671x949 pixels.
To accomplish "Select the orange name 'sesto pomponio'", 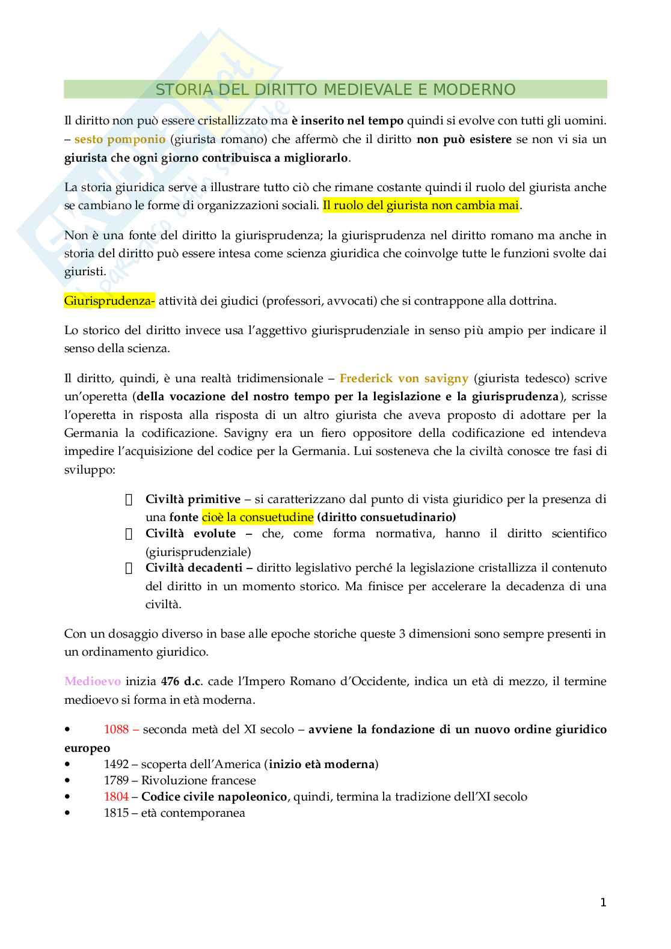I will pyautogui.click(x=120, y=139).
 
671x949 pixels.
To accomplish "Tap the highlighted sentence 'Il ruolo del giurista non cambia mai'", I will pyautogui.click(x=420, y=206).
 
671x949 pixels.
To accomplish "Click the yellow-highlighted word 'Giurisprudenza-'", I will pyautogui.click(x=109, y=301).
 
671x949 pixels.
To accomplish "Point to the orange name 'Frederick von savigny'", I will pyautogui.click(x=403, y=379).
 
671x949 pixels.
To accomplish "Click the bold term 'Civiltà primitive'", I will pyautogui.click(x=192, y=499).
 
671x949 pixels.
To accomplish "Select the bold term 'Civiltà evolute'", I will pyautogui.click(x=191, y=534).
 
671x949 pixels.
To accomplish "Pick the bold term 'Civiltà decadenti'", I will pyautogui.click(x=194, y=568).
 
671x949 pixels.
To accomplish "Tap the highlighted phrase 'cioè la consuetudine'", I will pyautogui.click(x=257, y=517).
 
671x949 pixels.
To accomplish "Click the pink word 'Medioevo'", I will pyautogui.click(x=93, y=682).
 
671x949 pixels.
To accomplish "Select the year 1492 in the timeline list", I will pyautogui.click(x=116, y=764).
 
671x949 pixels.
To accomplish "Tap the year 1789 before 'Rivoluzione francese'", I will pyautogui.click(x=116, y=781).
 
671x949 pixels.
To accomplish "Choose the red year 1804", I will pyautogui.click(x=116, y=797).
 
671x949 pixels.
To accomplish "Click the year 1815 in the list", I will pyautogui.click(x=116, y=813).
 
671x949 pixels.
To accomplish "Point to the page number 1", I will pyautogui.click(x=603, y=903).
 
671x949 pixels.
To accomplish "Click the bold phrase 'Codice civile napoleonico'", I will pyautogui.click(x=214, y=797).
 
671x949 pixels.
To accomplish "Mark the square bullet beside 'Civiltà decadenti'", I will pyautogui.click(x=128, y=569).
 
